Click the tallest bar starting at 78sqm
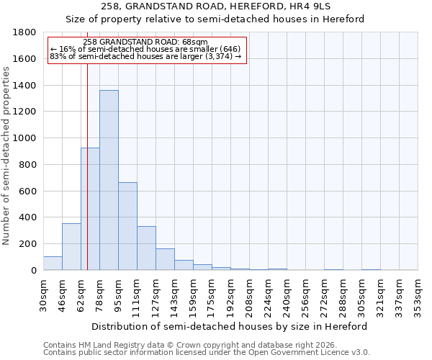pyautogui.click(x=109, y=180)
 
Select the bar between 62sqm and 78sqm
pyautogui.click(x=90, y=209)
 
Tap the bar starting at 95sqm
pyautogui.click(x=127, y=226)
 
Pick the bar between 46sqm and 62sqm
pyautogui.click(x=71, y=247)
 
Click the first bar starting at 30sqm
pyautogui.click(x=53, y=264)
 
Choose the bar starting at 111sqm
pyautogui.click(x=146, y=248)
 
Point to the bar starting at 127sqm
pyautogui.click(x=165, y=259)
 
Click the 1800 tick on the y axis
pyautogui.click(x=25, y=32)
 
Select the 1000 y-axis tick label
pyautogui.click(x=25, y=138)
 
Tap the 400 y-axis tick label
pyautogui.click(x=28, y=217)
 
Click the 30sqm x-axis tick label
pyautogui.click(x=43, y=294)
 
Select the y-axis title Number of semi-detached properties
pyautogui.click(x=6, y=151)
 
